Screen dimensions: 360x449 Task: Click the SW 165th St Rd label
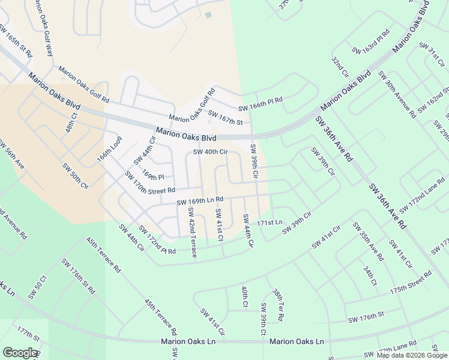coord(17,41)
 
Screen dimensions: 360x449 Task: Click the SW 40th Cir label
coord(210,152)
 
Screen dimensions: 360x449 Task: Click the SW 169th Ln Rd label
coord(200,199)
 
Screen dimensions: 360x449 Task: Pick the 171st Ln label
coord(269,223)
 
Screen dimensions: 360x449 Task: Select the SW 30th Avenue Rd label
coord(397,94)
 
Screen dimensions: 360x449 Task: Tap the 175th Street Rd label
coord(411,283)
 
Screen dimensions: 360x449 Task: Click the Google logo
coord(20,353)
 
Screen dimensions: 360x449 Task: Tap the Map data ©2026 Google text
coord(411,355)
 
